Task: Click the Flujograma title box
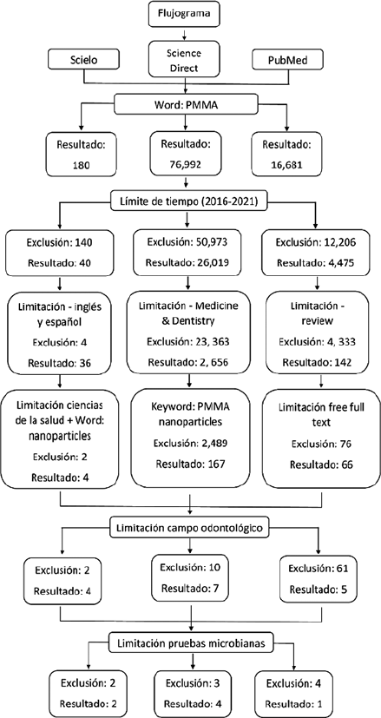point(184,14)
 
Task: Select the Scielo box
point(83,60)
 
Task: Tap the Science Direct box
point(184,60)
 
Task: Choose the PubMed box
point(286,60)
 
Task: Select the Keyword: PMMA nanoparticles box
point(191,433)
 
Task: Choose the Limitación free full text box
point(315,433)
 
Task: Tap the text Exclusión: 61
point(313,569)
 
